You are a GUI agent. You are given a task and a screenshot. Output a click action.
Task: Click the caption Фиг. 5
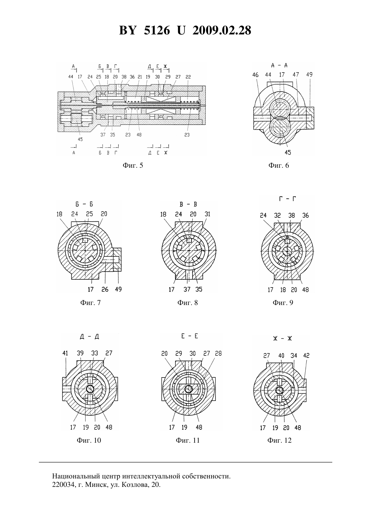click(133, 165)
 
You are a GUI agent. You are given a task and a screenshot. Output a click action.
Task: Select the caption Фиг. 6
click(279, 165)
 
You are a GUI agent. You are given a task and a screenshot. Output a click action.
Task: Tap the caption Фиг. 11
click(188, 440)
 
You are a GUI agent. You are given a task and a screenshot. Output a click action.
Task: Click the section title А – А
click(279, 65)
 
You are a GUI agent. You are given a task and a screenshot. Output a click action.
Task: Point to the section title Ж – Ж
click(283, 338)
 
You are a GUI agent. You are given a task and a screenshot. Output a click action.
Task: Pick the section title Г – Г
click(287, 199)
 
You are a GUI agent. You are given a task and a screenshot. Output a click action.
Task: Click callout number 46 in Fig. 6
click(255, 75)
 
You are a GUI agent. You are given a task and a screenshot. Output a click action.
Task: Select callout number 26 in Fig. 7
click(105, 289)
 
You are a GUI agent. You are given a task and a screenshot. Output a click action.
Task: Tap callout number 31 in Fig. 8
click(207, 214)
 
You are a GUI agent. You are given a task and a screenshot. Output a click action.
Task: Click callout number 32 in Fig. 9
click(278, 215)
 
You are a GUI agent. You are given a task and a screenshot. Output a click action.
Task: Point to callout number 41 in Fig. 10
click(65, 353)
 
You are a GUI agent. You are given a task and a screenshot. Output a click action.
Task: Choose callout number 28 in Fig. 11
click(218, 353)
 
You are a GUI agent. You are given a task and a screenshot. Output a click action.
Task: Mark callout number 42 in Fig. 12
click(306, 356)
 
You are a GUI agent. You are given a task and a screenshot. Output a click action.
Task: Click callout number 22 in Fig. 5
click(188, 77)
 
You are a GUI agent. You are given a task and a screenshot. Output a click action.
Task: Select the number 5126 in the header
click(157, 30)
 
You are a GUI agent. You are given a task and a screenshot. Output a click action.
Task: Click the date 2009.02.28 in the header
click(222, 30)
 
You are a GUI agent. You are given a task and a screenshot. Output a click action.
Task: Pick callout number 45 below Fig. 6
click(288, 153)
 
